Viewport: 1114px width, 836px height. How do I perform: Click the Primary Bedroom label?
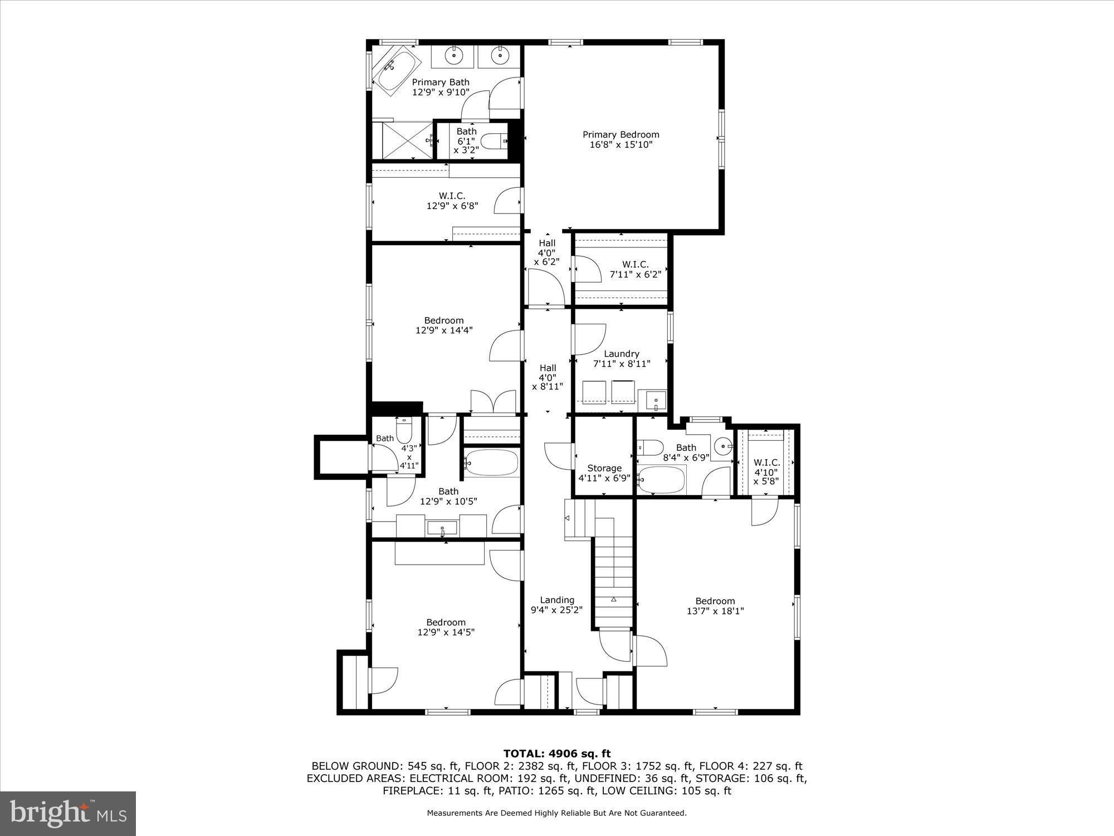(620, 139)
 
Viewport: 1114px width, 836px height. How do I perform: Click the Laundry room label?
(622, 358)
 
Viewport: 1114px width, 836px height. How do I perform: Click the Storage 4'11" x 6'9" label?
(604, 473)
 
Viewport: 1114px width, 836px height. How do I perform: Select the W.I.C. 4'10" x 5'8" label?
(766, 472)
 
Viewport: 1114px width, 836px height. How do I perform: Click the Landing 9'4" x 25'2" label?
(556, 605)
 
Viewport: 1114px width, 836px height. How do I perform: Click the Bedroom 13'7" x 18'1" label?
(715, 605)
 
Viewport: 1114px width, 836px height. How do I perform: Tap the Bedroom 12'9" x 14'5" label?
(446, 627)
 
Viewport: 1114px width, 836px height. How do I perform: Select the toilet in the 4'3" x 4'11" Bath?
(403, 432)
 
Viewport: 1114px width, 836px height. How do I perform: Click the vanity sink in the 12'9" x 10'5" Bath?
(442, 528)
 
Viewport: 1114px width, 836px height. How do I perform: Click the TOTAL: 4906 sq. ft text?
(557, 754)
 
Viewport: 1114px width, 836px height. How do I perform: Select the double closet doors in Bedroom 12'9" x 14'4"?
(493, 402)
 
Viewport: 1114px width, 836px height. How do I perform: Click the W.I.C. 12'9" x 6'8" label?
(452, 201)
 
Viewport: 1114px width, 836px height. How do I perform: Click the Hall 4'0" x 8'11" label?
(548, 377)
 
